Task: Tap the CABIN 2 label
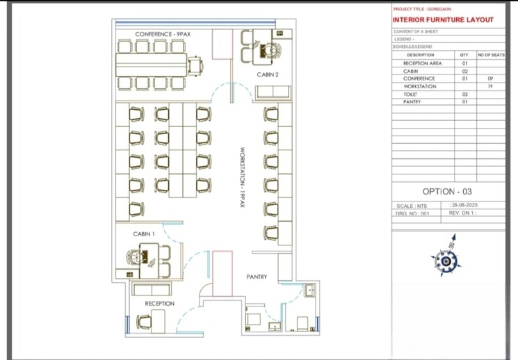268,74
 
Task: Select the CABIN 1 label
143,234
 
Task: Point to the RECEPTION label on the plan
159,304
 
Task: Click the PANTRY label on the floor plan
257,277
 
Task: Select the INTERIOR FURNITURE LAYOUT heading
443,19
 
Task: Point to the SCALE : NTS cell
412,206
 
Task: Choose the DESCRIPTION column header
421,55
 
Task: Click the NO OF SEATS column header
491,55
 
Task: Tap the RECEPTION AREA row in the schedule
422,63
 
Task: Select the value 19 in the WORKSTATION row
490,86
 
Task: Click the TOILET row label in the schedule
410,94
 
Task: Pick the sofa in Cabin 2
273,93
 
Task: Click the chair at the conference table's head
195,67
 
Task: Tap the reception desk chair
144,321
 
